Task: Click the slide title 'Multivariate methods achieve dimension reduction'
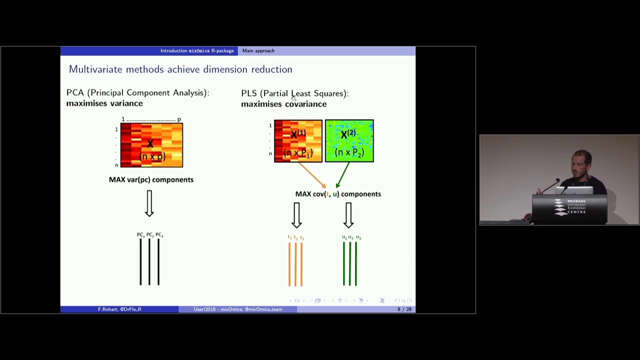(180, 69)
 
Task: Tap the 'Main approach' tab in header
(258, 50)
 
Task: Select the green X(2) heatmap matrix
(349, 141)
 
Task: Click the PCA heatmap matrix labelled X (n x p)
(151, 145)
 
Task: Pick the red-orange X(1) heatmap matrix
(298, 141)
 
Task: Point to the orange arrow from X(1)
(312, 175)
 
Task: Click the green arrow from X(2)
(342, 175)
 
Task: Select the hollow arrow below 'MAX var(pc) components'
(149, 203)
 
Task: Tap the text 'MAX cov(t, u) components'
(338, 194)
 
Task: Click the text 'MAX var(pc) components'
(151, 179)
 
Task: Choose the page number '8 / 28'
(404, 309)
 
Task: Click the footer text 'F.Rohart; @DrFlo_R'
(119, 309)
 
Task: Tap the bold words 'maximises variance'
(104, 103)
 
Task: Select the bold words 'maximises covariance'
(283, 104)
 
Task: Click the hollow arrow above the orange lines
(296, 215)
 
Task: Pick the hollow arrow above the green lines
(348, 215)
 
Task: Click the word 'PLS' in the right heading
(248, 93)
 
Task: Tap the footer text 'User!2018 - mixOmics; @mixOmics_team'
(238, 309)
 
